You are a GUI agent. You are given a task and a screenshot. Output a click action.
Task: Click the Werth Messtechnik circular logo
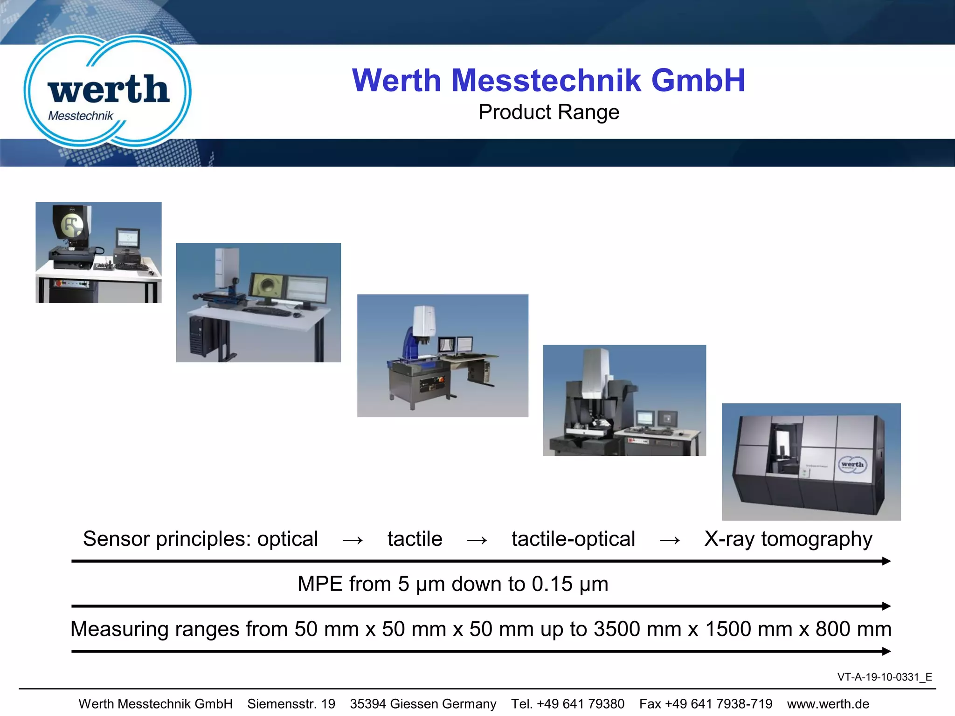[107, 91]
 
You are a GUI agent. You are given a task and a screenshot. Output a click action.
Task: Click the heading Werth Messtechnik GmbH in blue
[548, 80]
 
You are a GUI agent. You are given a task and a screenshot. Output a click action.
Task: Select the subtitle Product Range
[548, 112]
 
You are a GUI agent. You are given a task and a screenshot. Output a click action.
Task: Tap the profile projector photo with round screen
[98, 252]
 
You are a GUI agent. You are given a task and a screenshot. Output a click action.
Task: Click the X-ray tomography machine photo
[811, 461]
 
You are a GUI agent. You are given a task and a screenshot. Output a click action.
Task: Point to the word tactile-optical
[573, 539]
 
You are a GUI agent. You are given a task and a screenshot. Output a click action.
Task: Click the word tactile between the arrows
[415, 539]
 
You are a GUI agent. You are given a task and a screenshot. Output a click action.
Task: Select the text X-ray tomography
[788, 539]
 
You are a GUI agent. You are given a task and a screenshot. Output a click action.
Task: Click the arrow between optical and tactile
[353, 540]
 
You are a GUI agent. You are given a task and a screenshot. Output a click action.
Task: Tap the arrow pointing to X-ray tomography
[670, 540]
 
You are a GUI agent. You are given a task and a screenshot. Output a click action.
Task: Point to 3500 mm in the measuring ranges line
[637, 629]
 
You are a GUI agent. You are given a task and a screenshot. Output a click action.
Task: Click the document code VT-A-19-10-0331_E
[884, 677]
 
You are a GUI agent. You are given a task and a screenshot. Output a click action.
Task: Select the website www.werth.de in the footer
[828, 704]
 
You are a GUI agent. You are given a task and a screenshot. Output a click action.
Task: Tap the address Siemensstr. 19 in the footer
[291, 704]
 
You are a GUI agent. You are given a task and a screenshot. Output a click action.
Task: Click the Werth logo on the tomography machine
[852, 465]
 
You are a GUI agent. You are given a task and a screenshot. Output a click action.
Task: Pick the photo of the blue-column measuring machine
[443, 355]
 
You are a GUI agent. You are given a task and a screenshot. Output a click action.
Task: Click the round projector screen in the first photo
[72, 225]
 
